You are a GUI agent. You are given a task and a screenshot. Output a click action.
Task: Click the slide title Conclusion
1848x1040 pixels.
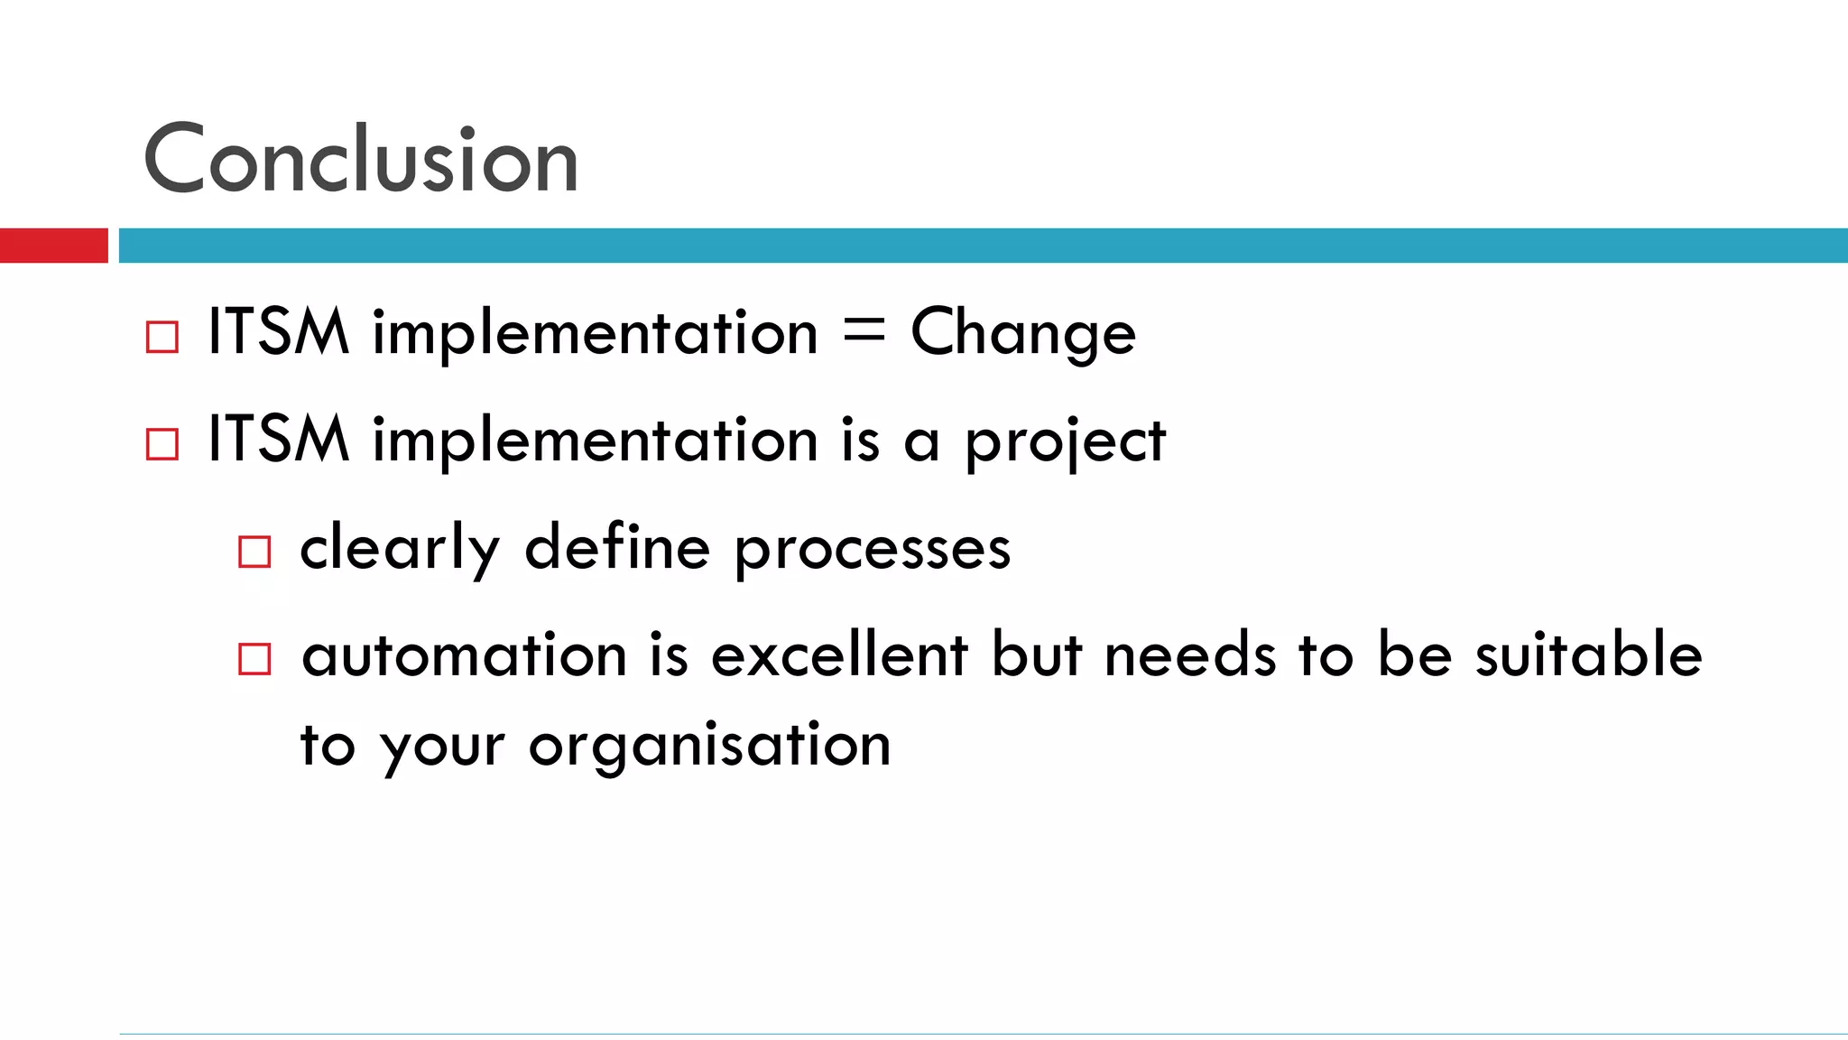pyautogui.click(x=361, y=160)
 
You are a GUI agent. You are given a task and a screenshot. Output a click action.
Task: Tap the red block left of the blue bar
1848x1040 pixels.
pyautogui.click(x=53, y=246)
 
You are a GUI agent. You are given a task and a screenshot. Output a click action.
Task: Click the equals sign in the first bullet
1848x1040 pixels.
pyautogui.click(x=864, y=331)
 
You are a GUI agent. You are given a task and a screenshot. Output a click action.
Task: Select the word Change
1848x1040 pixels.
pyautogui.click(x=1022, y=334)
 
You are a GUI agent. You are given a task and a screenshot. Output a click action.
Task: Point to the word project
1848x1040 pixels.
pyautogui.click(x=1065, y=442)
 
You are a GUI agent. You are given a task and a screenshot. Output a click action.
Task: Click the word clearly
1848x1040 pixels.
pyautogui.click(x=399, y=549)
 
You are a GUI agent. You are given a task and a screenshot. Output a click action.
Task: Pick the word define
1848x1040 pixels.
pyautogui.click(x=617, y=547)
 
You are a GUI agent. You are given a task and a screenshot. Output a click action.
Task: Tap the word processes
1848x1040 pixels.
pyautogui.click(x=872, y=551)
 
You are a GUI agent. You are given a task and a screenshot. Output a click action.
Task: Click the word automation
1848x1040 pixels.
pyautogui.click(x=464, y=655)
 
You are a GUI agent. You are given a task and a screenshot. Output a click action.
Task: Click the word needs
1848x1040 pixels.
pyautogui.click(x=1190, y=655)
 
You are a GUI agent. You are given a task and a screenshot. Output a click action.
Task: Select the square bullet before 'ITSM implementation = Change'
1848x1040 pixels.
pyautogui.click(x=162, y=338)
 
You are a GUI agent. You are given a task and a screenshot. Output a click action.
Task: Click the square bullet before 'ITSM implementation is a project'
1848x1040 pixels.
pyautogui.click(x=162, y=444)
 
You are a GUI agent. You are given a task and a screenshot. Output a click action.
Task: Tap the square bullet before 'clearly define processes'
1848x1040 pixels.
pyautogui.click(x=254, y=552)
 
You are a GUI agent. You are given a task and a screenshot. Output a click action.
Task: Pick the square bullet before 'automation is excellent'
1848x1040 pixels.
pyautogui.click(x=254, y=659)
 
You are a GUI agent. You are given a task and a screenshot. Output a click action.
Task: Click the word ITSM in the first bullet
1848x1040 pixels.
pyautogui.click(x=278, y=332)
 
